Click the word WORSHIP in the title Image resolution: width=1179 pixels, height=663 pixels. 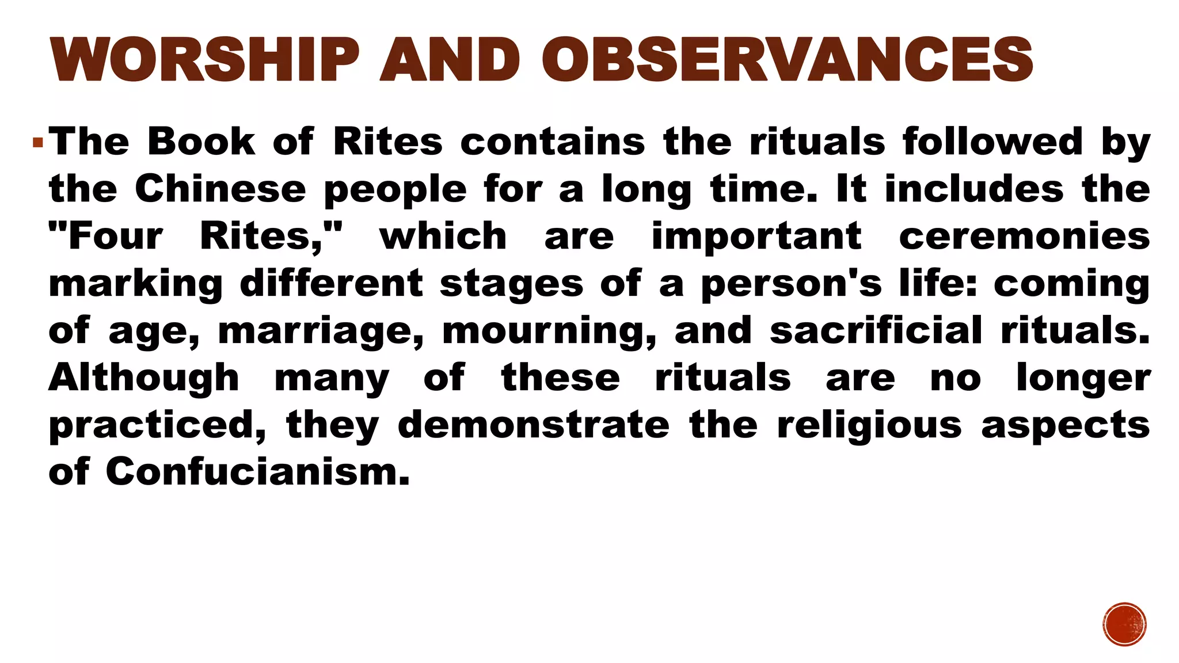204,59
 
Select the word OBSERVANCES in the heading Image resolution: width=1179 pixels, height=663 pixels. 787,59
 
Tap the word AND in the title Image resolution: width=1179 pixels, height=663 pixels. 450,59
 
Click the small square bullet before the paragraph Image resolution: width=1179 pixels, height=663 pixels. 38,142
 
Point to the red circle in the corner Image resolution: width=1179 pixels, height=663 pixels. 1125,624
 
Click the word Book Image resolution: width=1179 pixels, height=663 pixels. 201,142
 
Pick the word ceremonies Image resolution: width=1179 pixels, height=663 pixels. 1024,236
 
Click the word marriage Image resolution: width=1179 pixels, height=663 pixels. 321,331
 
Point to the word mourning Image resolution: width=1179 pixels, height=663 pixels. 549,331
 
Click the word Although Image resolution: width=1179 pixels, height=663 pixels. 144,378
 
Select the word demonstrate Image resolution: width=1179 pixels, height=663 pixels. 534,425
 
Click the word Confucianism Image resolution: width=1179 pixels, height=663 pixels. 257,473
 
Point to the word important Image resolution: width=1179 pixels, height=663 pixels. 756,237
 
